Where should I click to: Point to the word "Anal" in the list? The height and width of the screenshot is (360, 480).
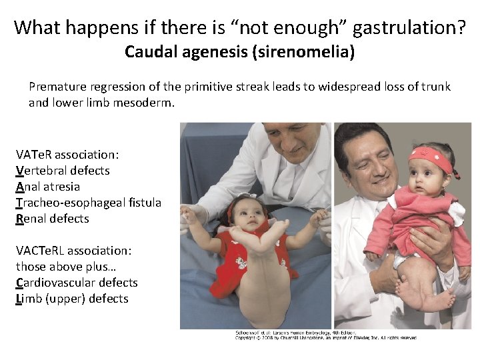(x=29, y=187)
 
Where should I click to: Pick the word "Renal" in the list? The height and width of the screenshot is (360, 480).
(x=31, y=219)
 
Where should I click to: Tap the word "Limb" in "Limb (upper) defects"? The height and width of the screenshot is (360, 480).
(x=27, y=299)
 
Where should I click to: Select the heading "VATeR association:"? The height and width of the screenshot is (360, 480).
(x=67, y=155)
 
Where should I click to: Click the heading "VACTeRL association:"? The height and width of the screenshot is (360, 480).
(x=73, y=251)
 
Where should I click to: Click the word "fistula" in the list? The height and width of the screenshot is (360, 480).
(x=144, y=203)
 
